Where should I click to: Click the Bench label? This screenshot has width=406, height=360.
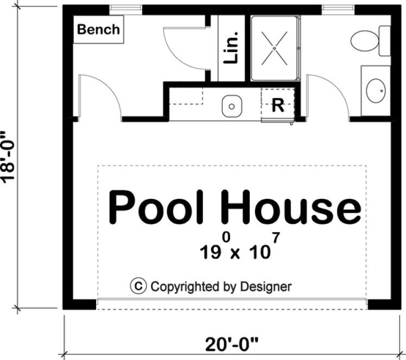point(98,29)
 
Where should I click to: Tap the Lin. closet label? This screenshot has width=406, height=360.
point(231,48)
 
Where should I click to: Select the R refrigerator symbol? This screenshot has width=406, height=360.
point(277,105)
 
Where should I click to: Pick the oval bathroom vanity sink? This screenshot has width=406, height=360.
point(376,91)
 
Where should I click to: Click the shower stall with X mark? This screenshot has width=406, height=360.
point(275,48)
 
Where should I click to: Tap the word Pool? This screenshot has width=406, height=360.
point(155,207)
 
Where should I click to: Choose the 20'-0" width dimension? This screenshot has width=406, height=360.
point(232,344)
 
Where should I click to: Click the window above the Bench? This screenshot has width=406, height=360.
point(126,9)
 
